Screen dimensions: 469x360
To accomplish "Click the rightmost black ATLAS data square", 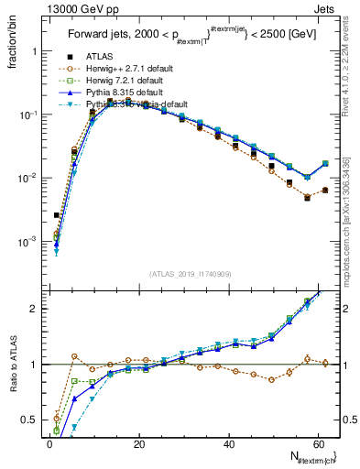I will (x=325, y=191).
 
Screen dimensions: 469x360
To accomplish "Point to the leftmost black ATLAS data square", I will (x=57, y=215).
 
